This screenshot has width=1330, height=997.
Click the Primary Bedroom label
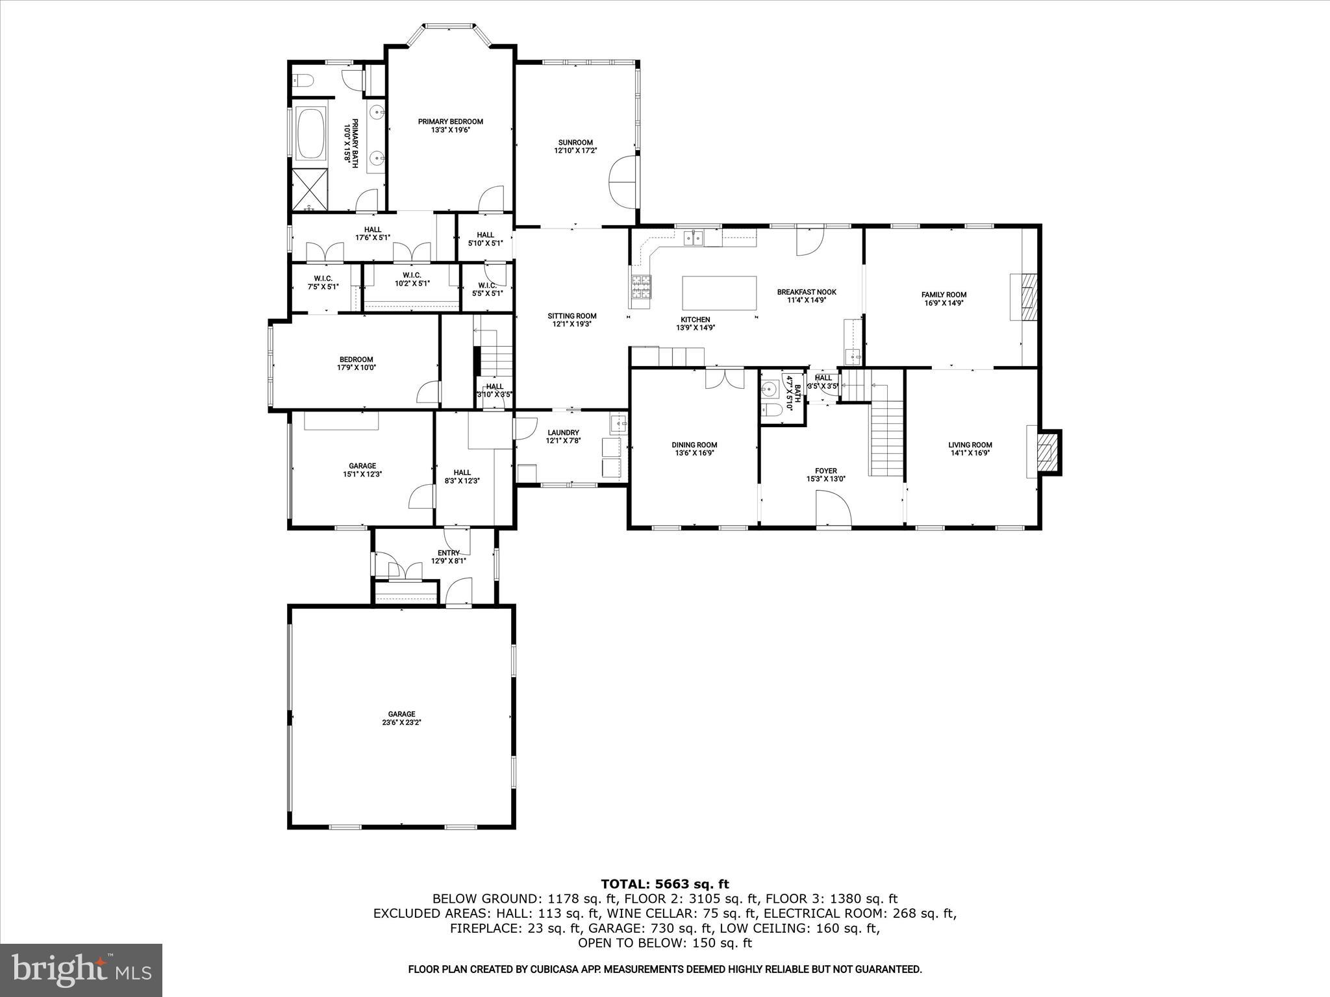pos(450,121)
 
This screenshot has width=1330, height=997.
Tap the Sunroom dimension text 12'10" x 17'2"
pos(575,151)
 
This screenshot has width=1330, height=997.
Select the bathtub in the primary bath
pos(311,134)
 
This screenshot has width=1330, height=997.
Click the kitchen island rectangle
pos(719,293)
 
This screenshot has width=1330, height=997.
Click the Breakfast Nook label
pos(807,292)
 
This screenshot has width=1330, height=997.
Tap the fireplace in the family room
pos(1027,297)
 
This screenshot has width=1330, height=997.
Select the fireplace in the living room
pos(1046,452)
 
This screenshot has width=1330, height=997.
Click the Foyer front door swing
pos(833,508)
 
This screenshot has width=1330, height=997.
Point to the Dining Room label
pos(694,445)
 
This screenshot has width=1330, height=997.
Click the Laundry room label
pos(562,433)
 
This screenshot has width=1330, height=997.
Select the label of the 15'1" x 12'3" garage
pos(362,465)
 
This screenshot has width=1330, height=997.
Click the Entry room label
pos(448,553)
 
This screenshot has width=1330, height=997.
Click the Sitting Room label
pos(571,316)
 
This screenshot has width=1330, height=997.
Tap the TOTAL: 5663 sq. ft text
pos(664,884)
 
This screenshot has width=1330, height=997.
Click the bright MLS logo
pos(81,970)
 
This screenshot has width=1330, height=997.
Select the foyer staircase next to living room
pos(886,438)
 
